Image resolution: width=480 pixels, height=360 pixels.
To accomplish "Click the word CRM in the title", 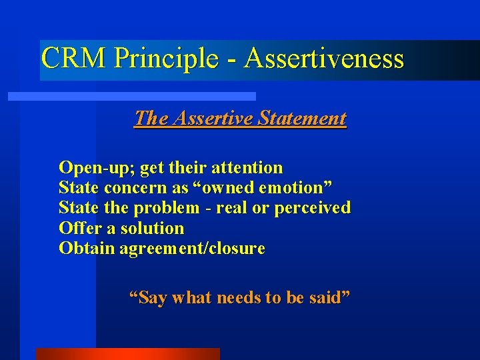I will tap(73, 58).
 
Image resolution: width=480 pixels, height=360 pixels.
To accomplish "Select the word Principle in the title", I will tap(166, 58).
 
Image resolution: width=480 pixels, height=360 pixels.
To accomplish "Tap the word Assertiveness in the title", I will tap(324, 58).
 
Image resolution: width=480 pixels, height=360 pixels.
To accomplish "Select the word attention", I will tap(247, 167).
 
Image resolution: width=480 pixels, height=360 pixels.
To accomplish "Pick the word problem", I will tap(166, 208).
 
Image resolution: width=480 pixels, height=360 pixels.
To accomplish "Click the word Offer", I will tap(76, 228).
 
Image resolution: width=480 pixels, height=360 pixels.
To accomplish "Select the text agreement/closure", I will tap(192, 249).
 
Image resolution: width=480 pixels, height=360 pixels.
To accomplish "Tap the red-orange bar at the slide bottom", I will tap(127, 354).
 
